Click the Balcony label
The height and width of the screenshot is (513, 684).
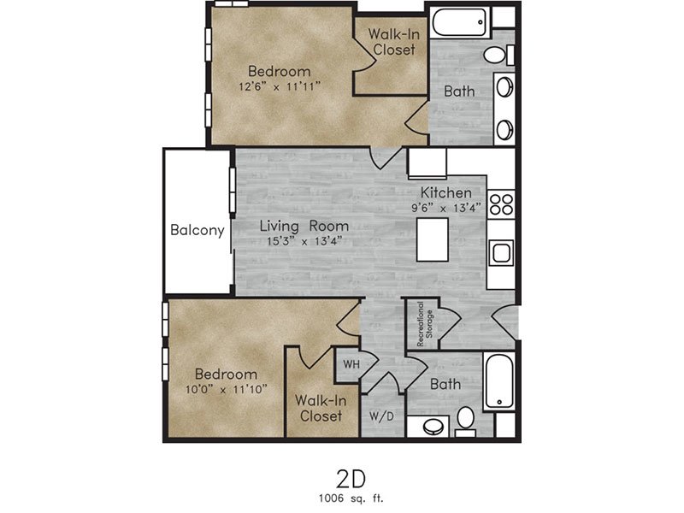tap(198, 230)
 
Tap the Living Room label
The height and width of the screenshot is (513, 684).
tap(304, 226)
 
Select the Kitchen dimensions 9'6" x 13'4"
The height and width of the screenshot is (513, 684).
tap(445, 208)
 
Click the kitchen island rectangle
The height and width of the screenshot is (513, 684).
tap(433, 239)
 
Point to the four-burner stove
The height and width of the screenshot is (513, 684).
tap(501, 204)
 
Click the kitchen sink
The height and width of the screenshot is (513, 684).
tap(500, 252)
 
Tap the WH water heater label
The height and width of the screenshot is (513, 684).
tap(351, 364)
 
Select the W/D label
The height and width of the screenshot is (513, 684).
tap(381, 416)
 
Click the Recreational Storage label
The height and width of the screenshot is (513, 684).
tap(425, 324)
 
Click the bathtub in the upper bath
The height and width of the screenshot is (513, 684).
tap(459, 21)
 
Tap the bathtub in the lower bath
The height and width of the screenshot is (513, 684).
tap(499, 380)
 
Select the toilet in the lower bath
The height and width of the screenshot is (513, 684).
tap(465, 422)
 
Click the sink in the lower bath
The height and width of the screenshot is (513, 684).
tap(433, 426)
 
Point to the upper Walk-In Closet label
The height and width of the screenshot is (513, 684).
tap(394, 41)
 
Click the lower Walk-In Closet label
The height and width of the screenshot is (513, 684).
tap(321, 408)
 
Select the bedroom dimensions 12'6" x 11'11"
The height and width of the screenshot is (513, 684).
tap(280, 86)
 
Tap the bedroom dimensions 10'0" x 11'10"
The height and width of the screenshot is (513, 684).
tap(226, 389)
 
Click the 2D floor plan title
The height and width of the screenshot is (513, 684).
tap(351, 479)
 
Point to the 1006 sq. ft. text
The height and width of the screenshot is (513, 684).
tap(351, 498)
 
